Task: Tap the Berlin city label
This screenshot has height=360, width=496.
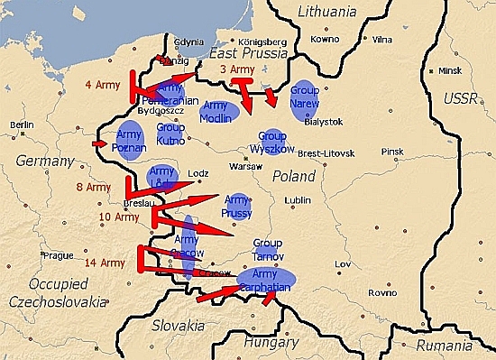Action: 22,125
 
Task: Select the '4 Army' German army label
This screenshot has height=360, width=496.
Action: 101,86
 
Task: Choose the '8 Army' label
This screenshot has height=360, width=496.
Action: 94,187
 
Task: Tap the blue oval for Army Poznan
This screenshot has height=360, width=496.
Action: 131,141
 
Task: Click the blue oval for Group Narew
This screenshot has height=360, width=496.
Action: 307,97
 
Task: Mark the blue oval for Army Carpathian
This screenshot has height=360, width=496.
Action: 269,280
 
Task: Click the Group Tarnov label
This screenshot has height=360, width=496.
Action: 269,249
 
